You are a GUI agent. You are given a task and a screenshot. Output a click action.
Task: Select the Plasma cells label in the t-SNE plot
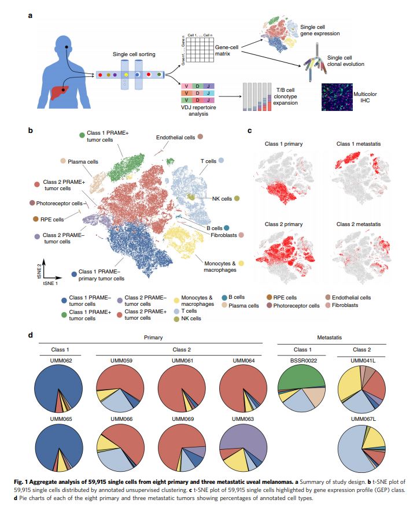pyautogui.click(x=82, y=162)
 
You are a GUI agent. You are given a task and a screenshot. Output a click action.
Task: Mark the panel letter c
pyautogui.click(x=249, y=131)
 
